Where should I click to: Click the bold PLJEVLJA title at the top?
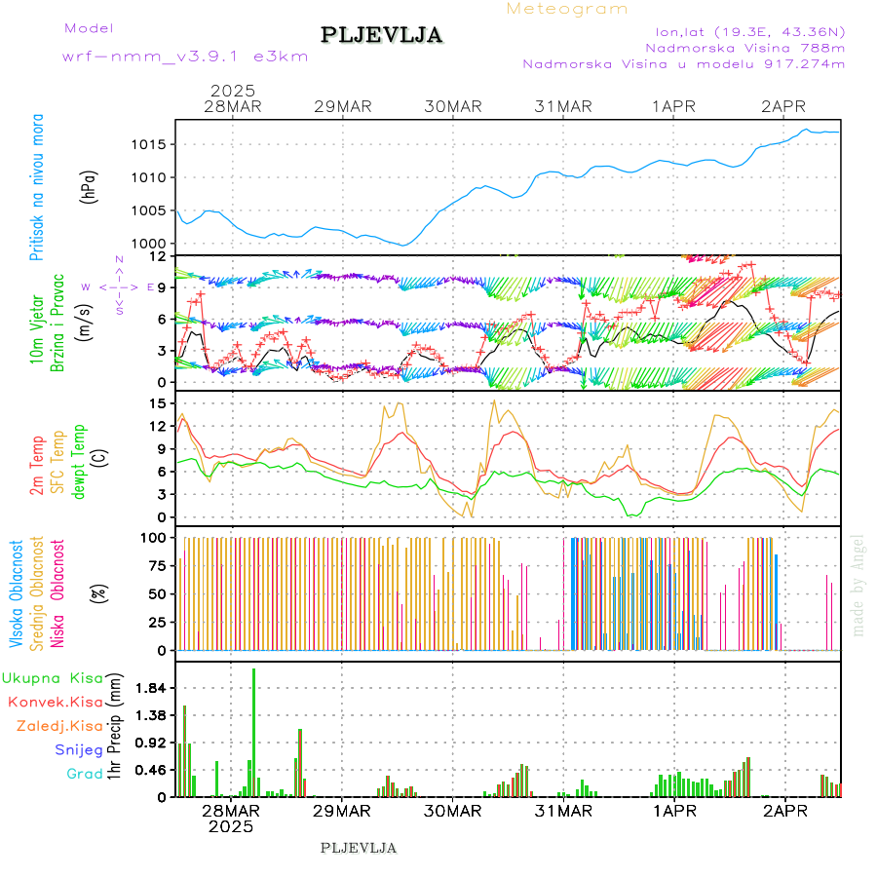point(382,35)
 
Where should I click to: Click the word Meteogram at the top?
point(567,9)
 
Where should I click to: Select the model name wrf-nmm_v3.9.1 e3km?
point(185,57)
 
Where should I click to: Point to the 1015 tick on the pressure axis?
point(154,144)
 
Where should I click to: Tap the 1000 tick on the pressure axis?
point(154,244)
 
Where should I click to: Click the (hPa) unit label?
point(90,185)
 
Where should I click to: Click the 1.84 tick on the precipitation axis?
point(151,689)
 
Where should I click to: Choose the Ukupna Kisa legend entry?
point(52,678)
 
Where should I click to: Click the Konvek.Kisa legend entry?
point(55,702)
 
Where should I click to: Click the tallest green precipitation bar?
point(253,731)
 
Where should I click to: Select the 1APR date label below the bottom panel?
point(674,810)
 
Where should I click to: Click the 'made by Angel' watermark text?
point(858,585)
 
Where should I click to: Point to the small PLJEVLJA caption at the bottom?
point(359,848)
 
